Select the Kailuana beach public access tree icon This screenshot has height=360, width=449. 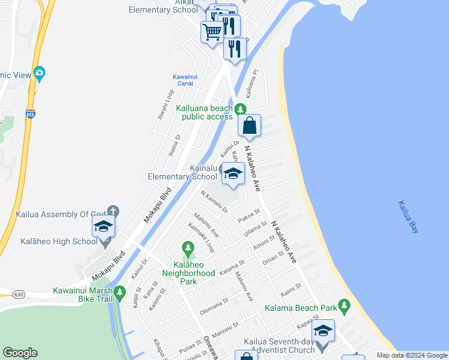[240, 109]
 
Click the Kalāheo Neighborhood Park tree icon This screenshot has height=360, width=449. [188, 247]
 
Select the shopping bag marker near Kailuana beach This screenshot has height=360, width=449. [249, 126]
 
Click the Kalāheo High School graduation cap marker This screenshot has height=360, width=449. [103, 226]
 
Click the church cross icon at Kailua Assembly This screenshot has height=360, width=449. [113, 211]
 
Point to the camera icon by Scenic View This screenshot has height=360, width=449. [39, 74]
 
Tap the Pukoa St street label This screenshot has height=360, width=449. [248, 214]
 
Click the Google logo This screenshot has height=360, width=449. [20, 353]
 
